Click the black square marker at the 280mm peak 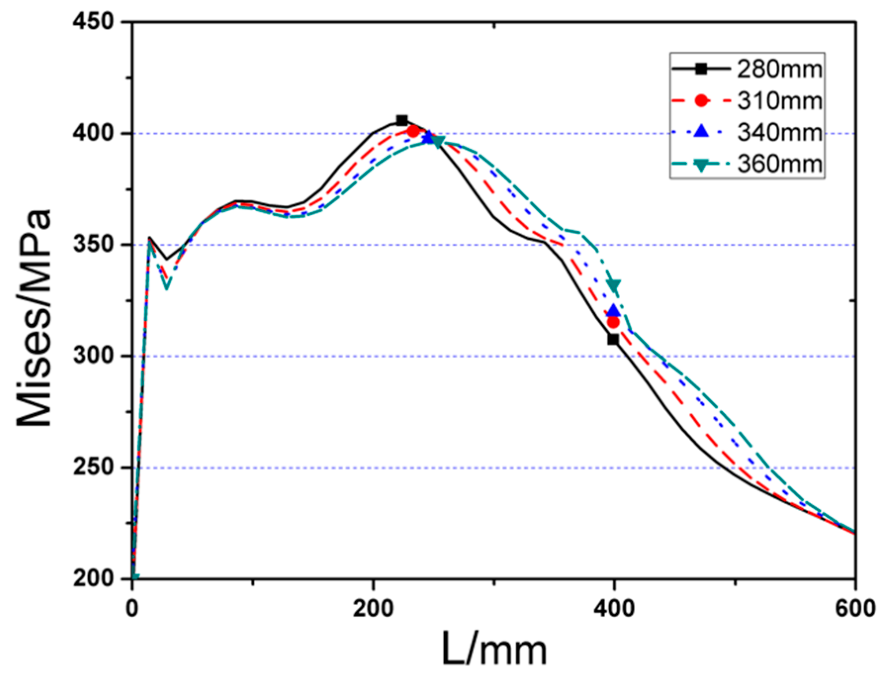402,120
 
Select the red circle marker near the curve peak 413,131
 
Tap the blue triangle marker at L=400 614,311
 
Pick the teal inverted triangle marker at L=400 614,286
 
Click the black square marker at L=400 613,339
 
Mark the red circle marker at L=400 613,323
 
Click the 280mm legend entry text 779,70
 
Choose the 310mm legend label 779,101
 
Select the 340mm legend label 779,133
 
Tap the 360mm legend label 779,164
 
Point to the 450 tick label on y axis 93,22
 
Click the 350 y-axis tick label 93,245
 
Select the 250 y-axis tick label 93,468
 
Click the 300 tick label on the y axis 93,356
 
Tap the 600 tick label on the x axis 855,608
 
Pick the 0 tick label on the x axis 132,608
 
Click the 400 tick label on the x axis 614,608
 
